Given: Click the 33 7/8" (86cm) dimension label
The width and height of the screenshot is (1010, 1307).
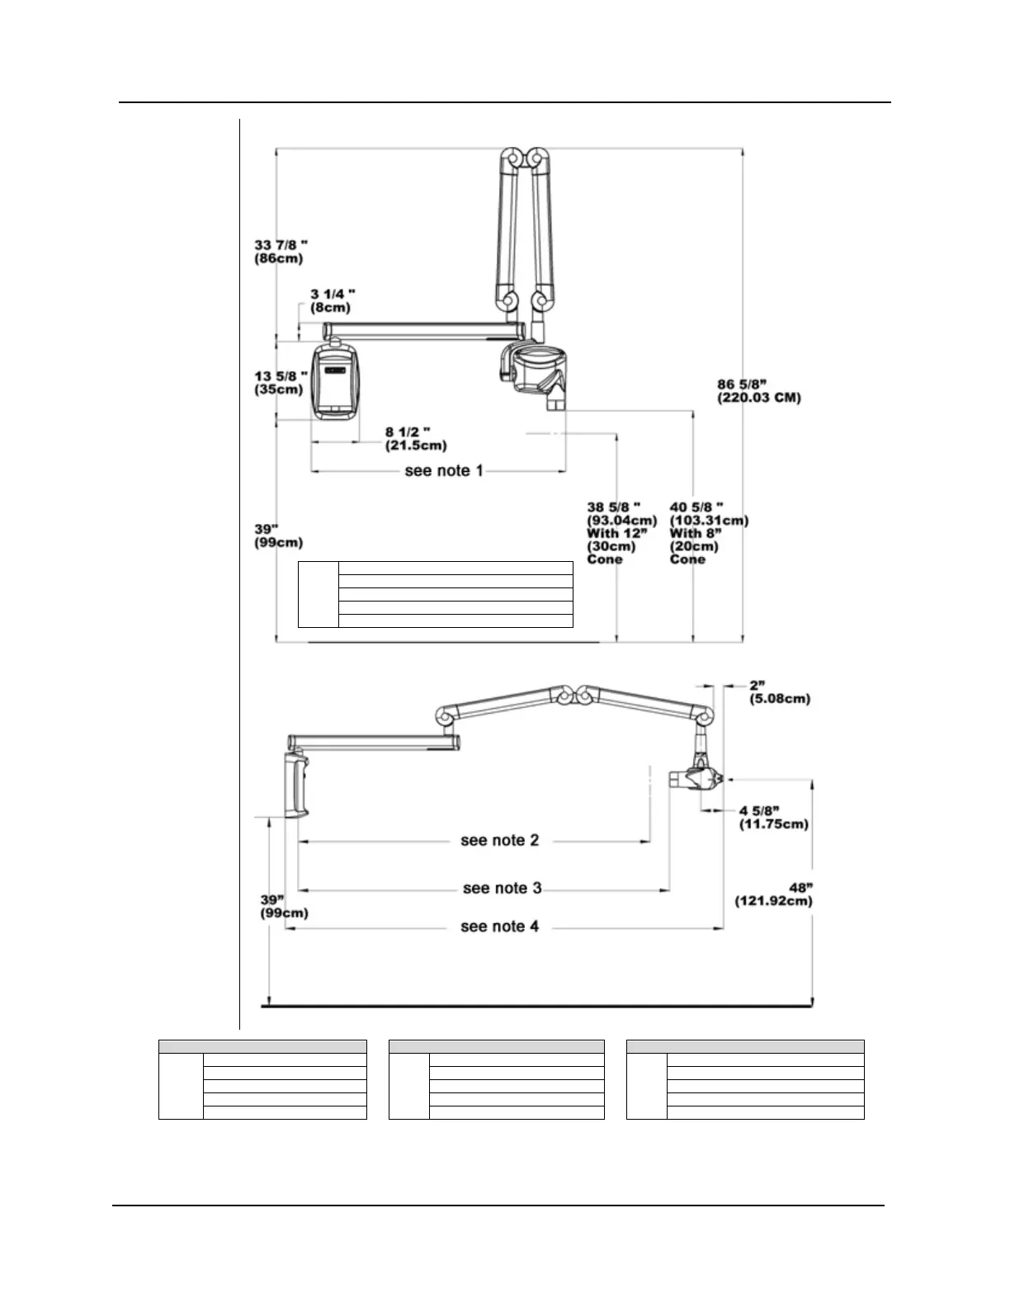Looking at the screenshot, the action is pyautogui.click(x=279, y=252).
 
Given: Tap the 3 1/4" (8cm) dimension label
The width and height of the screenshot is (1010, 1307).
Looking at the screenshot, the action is pyautogui.click(x=333, y=300).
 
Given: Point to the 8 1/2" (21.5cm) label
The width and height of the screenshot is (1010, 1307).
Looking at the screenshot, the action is pyautogui.click(x=416, y=439).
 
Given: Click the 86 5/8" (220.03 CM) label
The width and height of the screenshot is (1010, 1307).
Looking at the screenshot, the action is pyautogui.click(x=759, y=391).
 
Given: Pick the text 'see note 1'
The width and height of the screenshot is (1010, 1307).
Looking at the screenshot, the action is pyautogui.click(x=444, y=471).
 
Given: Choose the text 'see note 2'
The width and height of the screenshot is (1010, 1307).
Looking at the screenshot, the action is pyautogui.click(x=499, y=841).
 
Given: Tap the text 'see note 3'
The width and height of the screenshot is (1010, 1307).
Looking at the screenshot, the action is pyautogui.click(x=502, y=889).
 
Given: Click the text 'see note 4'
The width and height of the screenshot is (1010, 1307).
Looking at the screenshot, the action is pyautogui.click(x=499, y=927).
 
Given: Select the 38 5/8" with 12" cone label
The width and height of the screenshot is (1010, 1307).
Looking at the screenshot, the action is pyautogui.click(x=621, y=532).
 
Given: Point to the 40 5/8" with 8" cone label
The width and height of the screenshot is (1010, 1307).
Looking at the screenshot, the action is pyautogui.click(x=709, y=532).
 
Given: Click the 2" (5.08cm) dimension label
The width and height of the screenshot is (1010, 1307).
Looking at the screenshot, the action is pyautogui.click(x=779, y=692).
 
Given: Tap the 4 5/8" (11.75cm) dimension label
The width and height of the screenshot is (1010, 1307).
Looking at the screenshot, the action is pyautogui.click(x=773, y=817).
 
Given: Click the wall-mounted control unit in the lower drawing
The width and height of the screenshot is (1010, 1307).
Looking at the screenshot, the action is pyautogui.click(x=296, y=785).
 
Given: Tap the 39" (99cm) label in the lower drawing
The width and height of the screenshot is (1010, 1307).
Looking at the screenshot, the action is pyautogui.click(x=284, y=907).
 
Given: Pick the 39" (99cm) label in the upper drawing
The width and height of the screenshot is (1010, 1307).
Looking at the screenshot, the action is pyautogui.click(x=278, y=536).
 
